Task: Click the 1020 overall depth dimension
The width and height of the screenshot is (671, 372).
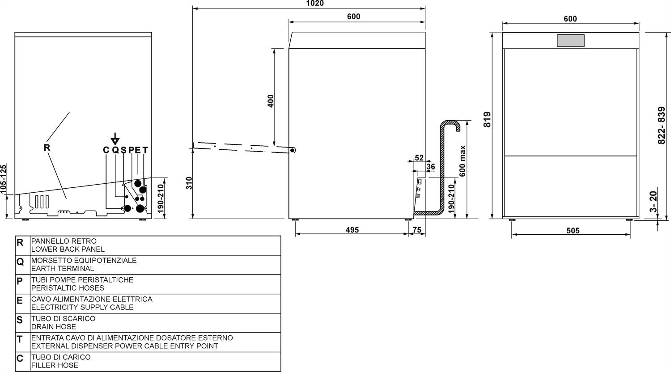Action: point(315,3)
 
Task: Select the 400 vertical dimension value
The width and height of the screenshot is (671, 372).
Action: point(270,101)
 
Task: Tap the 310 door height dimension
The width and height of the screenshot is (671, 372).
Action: point(189,183)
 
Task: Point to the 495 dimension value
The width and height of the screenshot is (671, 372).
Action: point(352,230)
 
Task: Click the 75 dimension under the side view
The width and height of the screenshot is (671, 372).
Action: point(417,230)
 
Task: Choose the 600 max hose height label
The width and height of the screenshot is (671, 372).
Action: point(463,161)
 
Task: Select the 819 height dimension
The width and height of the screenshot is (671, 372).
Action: point(488,119)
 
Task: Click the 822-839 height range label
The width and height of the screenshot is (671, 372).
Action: point(662,126)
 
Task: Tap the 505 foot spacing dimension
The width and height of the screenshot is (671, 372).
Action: point(573,230)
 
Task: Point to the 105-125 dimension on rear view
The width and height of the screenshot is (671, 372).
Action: point(3,179)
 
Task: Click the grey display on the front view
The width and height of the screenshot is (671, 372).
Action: point(571,40)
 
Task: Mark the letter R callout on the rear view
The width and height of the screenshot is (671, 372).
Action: point(47,148)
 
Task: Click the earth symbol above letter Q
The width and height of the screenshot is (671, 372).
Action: point(115,139)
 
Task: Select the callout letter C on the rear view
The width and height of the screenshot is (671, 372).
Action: point(106,150)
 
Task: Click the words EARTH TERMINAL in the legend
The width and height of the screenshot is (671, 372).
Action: point(63,268)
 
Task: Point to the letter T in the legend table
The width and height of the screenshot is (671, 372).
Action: point(20,339)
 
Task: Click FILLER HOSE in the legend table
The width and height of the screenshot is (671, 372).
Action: point(55,365)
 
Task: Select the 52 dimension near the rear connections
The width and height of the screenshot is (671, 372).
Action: point(420,157)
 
